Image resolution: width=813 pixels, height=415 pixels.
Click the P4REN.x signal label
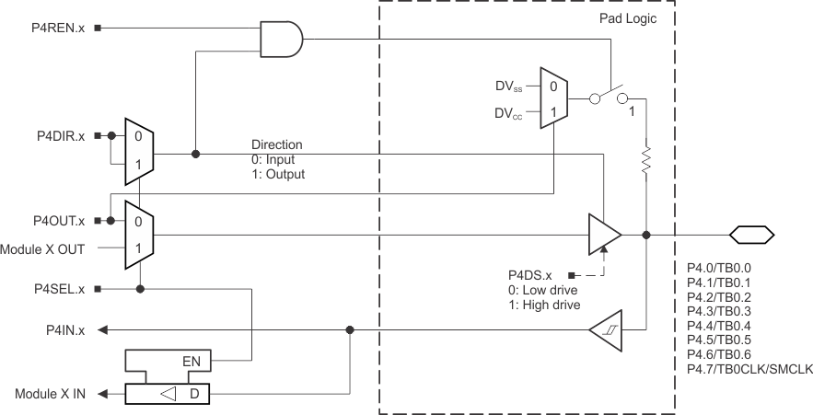[x=57, y=28]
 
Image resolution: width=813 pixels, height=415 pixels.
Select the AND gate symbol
[x=282, y=39]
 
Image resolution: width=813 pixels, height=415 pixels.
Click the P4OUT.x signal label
[x=56, y=221]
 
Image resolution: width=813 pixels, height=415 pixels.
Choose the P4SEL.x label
[x=57, y=288]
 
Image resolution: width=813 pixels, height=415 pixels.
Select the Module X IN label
[x=50, y=394]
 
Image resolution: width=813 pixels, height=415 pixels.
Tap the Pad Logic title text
[x=629, y=18]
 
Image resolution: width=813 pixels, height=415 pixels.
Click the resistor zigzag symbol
[x=646, y=160]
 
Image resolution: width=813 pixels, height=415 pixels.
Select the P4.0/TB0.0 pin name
[x=719, y=267]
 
